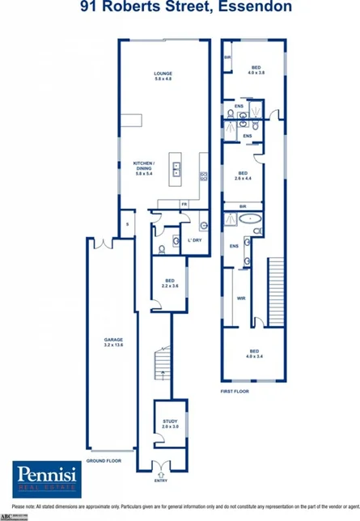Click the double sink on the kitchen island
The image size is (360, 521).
176,168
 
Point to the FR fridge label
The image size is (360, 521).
184,204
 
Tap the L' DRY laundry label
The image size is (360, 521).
194,241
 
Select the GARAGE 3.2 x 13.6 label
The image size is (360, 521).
112,343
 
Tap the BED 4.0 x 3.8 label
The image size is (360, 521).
256,70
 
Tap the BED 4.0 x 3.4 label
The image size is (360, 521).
256,353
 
